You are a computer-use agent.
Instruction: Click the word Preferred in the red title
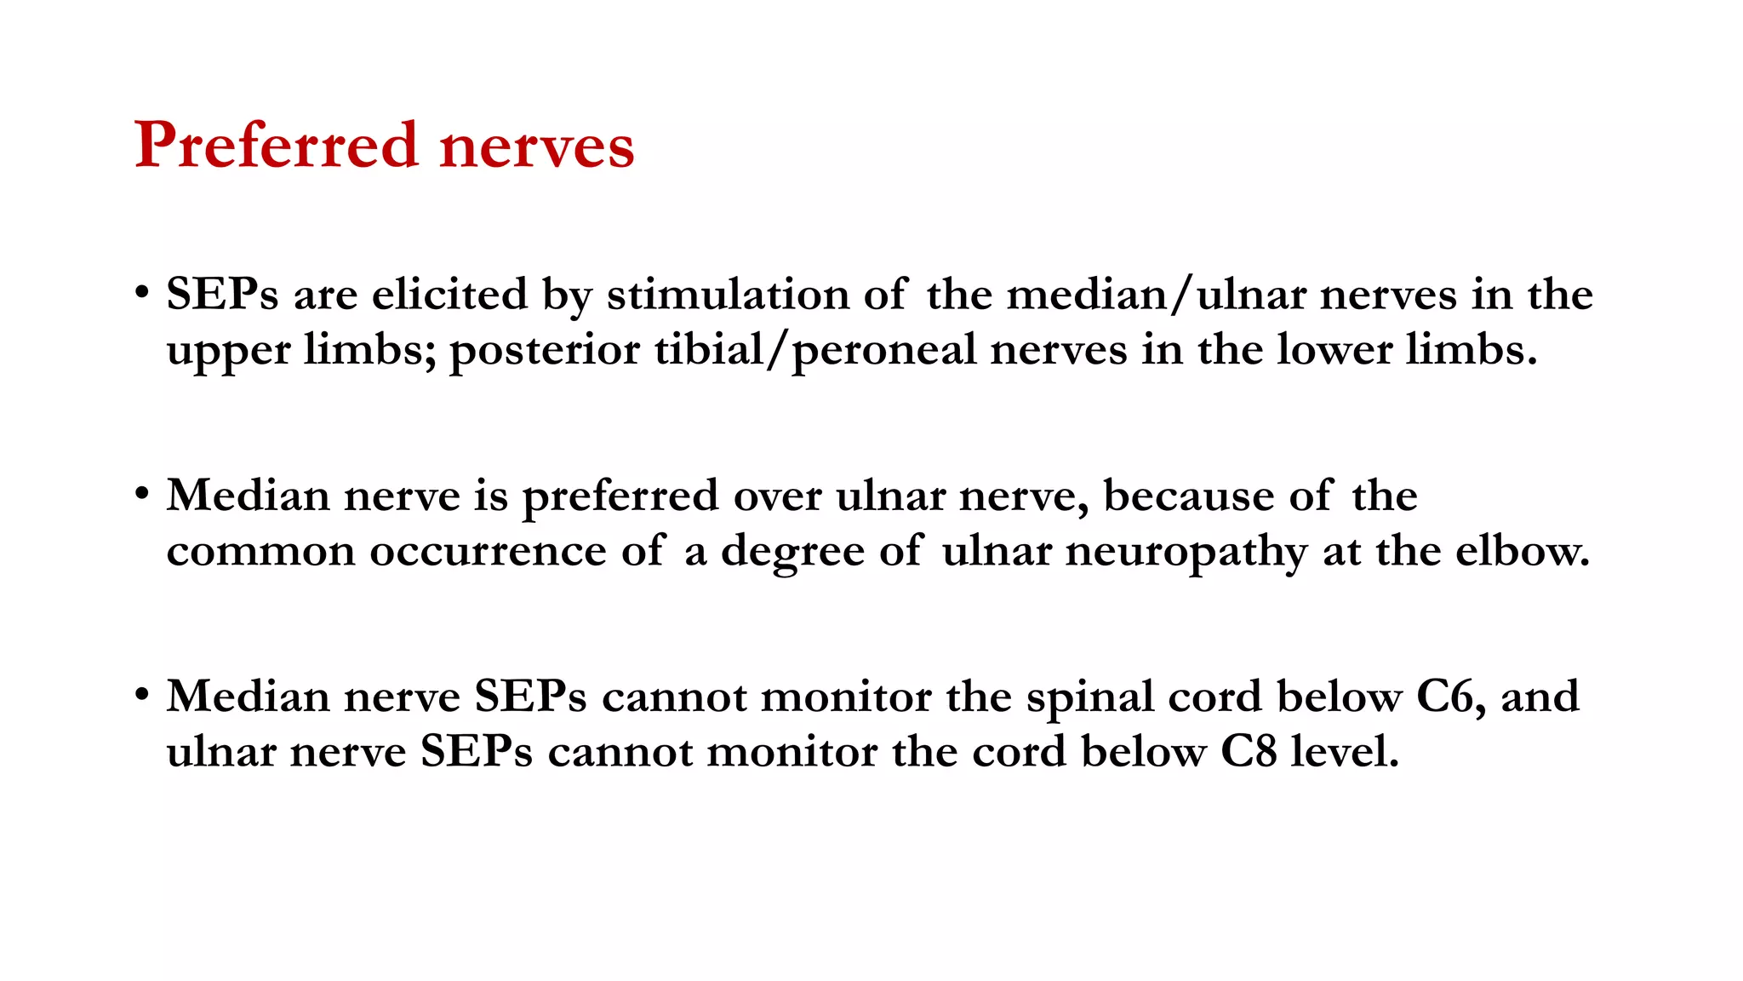pos(277,145)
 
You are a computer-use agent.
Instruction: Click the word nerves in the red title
pos(537,146)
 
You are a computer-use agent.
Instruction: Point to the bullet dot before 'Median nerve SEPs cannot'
pos(142,693)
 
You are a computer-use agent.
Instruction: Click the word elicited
pos(449,295)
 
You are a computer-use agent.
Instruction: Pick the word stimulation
pos(727,295)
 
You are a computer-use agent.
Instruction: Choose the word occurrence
pos(488,552)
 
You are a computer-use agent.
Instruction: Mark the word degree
pos(792,552)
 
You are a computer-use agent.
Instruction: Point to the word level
pos(1345,752)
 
